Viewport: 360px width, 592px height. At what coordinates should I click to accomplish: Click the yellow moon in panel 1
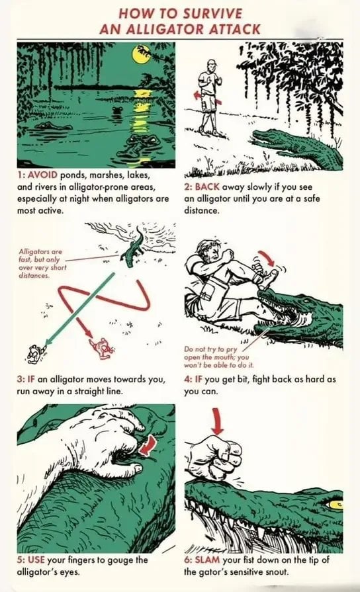140,55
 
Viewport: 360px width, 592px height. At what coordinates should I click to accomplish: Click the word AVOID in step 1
43,175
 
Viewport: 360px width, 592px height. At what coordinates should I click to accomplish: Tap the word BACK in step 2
207,187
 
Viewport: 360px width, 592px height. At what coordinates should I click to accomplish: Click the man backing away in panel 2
209,97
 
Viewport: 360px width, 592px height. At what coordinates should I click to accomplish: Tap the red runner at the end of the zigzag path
100,347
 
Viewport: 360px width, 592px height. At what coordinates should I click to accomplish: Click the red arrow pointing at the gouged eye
148,444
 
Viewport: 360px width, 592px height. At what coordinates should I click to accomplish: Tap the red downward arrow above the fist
218,420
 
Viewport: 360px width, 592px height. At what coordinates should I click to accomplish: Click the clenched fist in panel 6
214,457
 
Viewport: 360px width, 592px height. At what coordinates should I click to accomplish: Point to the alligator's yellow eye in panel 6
334,503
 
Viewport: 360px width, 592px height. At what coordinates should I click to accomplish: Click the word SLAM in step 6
207,560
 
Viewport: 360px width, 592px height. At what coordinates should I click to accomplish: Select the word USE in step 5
36,560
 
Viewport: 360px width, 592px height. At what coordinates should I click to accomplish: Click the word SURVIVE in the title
212,14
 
